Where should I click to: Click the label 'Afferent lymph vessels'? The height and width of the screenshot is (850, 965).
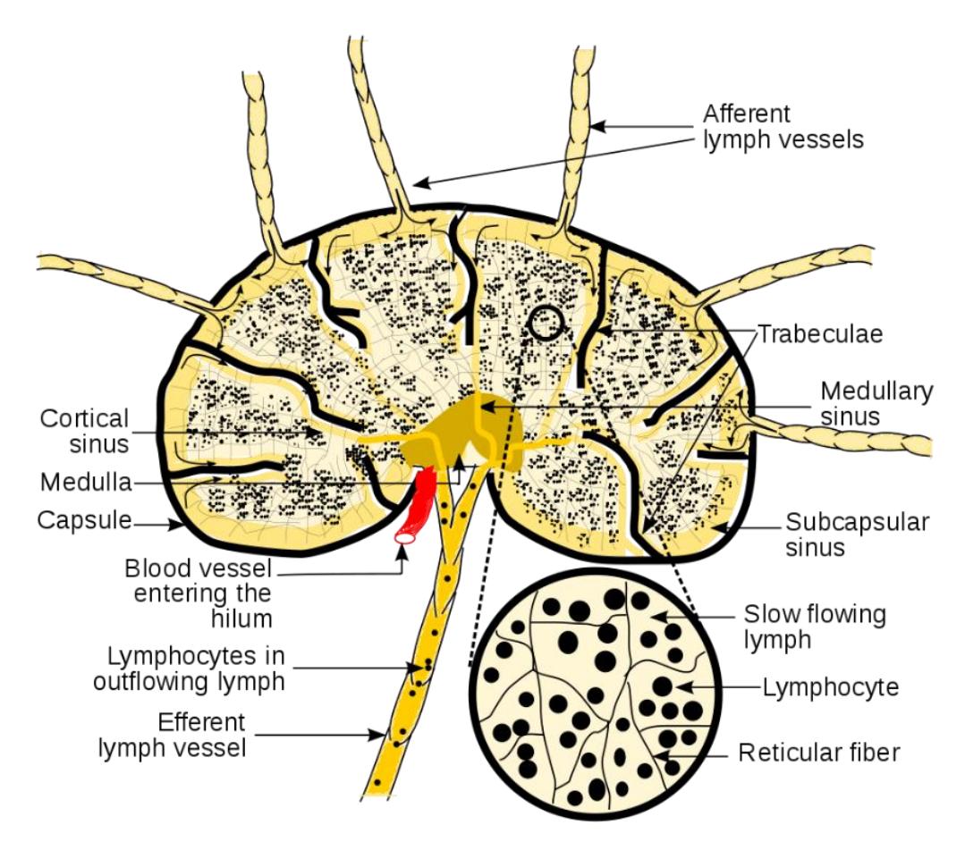[783, 127]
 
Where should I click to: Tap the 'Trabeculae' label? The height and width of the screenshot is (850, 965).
[820, 334]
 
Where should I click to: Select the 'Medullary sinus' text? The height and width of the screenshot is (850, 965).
[876, 403]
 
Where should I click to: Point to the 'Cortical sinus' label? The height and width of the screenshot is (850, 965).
[84, 431]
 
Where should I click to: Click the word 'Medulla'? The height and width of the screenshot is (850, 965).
[86, 482]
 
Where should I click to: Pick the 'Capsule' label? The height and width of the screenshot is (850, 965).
[84, 520]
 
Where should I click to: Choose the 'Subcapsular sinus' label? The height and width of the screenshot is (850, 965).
[857, 534]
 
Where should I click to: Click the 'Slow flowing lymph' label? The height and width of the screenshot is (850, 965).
[815, 627]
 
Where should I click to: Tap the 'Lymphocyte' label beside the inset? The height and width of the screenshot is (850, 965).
[831, 687]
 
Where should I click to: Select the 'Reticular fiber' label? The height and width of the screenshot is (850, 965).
[819, 753]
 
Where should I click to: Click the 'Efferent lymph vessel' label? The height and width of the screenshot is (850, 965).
[173, 735]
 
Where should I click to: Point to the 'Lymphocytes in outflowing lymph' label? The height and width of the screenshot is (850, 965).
[189, 669]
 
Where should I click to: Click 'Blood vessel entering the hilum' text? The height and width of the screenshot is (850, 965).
[199, 593]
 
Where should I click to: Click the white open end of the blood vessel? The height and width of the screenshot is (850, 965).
[405, 537]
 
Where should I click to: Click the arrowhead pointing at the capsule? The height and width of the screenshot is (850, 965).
[177, 525]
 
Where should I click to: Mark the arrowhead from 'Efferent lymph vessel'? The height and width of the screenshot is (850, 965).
[377, 735]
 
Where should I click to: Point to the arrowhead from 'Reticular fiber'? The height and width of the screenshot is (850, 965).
[660, 754]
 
